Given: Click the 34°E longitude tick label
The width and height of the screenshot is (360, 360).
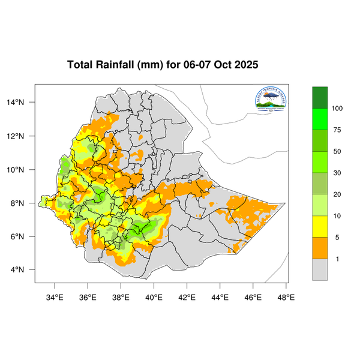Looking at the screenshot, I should point(55,296).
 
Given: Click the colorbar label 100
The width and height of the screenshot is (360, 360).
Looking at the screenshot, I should point(337,109).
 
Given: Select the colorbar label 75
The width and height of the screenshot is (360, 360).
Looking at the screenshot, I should point(337,130).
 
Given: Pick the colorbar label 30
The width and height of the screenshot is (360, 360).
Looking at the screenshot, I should point(337,173).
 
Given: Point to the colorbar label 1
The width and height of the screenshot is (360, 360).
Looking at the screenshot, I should point(337,259).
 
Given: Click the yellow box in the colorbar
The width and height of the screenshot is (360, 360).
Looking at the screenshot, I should point(320,227).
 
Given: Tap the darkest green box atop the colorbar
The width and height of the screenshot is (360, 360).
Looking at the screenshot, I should point(320,97).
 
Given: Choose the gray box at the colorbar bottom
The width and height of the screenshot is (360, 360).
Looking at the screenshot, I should point(320,270).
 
